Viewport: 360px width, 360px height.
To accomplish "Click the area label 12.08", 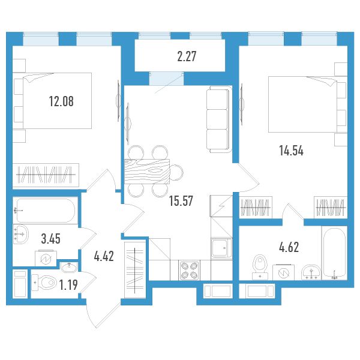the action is tap(61, 101).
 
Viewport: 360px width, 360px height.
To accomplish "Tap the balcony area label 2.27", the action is tap(187, 56).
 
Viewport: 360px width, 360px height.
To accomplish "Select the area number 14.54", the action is tap(292, 151).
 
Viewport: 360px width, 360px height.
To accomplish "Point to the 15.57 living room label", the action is tap(181, 200).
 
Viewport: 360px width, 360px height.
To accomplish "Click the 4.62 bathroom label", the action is tap(289, 247).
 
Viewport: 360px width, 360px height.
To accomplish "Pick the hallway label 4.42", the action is tap(104, 256).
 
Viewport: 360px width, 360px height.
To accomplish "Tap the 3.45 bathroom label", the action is tap(51, 239).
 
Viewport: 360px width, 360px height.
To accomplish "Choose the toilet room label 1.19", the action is tap(68, 285).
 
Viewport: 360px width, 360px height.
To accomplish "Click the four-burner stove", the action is tap(190, 270).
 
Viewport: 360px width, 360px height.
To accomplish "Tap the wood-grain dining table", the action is tap(147, 171).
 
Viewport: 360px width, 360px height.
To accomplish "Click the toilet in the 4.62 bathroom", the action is tap(260, 267).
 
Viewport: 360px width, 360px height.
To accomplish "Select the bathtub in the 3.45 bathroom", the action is tap(46, 211).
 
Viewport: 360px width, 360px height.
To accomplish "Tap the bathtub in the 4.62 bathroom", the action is tap(334, 253).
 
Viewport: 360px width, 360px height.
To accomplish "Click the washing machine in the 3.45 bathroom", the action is tap(46, 258).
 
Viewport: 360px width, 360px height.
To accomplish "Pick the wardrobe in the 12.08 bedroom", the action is tap(46, 175).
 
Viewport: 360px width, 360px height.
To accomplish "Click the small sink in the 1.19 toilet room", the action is tap(70, 267).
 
